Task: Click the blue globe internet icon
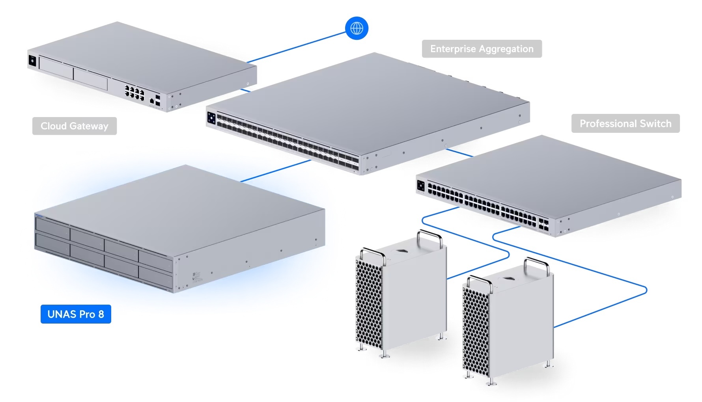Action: tap(357, 28)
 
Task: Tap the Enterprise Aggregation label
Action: tap(482, 49)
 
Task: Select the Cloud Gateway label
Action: tap(74, 126)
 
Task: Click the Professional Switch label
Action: tap(625, 124)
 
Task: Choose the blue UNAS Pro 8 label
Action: tap(76, 314)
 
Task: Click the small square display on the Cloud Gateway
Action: tap(32, 61)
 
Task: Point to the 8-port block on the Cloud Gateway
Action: tap(134, 93)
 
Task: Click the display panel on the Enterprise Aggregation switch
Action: tap(211, 118)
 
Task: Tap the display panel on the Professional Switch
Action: tap(421, 186)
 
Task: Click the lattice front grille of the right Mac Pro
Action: tap(476, 331)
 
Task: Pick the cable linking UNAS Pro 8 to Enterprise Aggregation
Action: tap(276, 171)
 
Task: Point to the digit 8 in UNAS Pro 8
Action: tap(101, 314)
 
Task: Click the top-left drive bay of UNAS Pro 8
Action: tap(52, 227)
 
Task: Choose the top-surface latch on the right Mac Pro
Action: tap(509, 279)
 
